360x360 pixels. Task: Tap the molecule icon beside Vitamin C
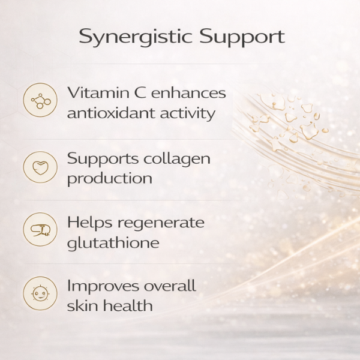pos(40,100)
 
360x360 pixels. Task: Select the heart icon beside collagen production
pos(40,166)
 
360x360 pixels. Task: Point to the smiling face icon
pos(40,293)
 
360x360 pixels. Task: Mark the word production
pos(109,178)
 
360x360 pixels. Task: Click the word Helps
pos(89,223)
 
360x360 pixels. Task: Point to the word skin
pos(82,305)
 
